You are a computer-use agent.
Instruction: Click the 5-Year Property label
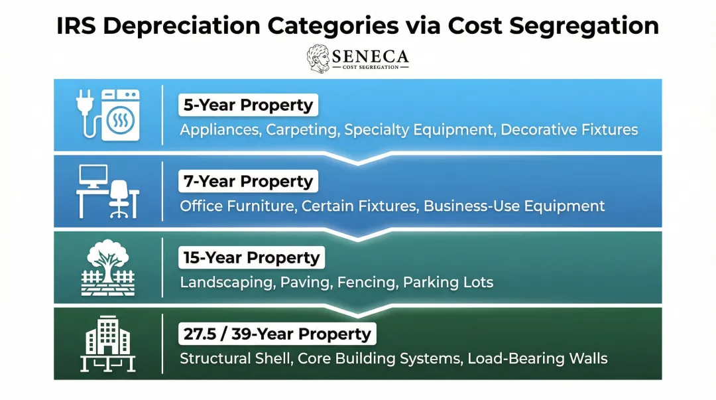[x=248, y=105]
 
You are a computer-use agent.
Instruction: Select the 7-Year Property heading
[x=248, y=182]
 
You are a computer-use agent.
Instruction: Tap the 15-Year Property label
[x=251, y=258]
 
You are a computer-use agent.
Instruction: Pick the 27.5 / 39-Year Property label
[x=277, y=334]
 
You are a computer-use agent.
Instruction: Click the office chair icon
[x=119, y=198]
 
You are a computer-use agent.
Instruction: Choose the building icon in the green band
[x=107, y=339]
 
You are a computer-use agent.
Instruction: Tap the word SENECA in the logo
[x=371, y=56]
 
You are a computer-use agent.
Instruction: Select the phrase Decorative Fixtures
[x=569, y=129]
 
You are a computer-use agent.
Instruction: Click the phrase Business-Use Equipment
[x=514, y=206]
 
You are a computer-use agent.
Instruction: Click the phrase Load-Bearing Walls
[x=537, y=359]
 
